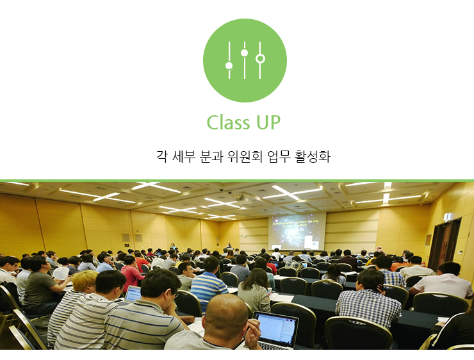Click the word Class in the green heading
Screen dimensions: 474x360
pos(228,122)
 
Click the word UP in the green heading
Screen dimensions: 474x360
pos(268,122)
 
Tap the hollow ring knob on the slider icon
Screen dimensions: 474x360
pos(260,58)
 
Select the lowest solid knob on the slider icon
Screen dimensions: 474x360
pos(229,65)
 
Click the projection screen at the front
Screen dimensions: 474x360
pos(297,231)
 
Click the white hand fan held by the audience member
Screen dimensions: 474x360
pos(61,273)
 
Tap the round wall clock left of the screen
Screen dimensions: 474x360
pos(244,236)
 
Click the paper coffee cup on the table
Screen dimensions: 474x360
pos(270,291)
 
